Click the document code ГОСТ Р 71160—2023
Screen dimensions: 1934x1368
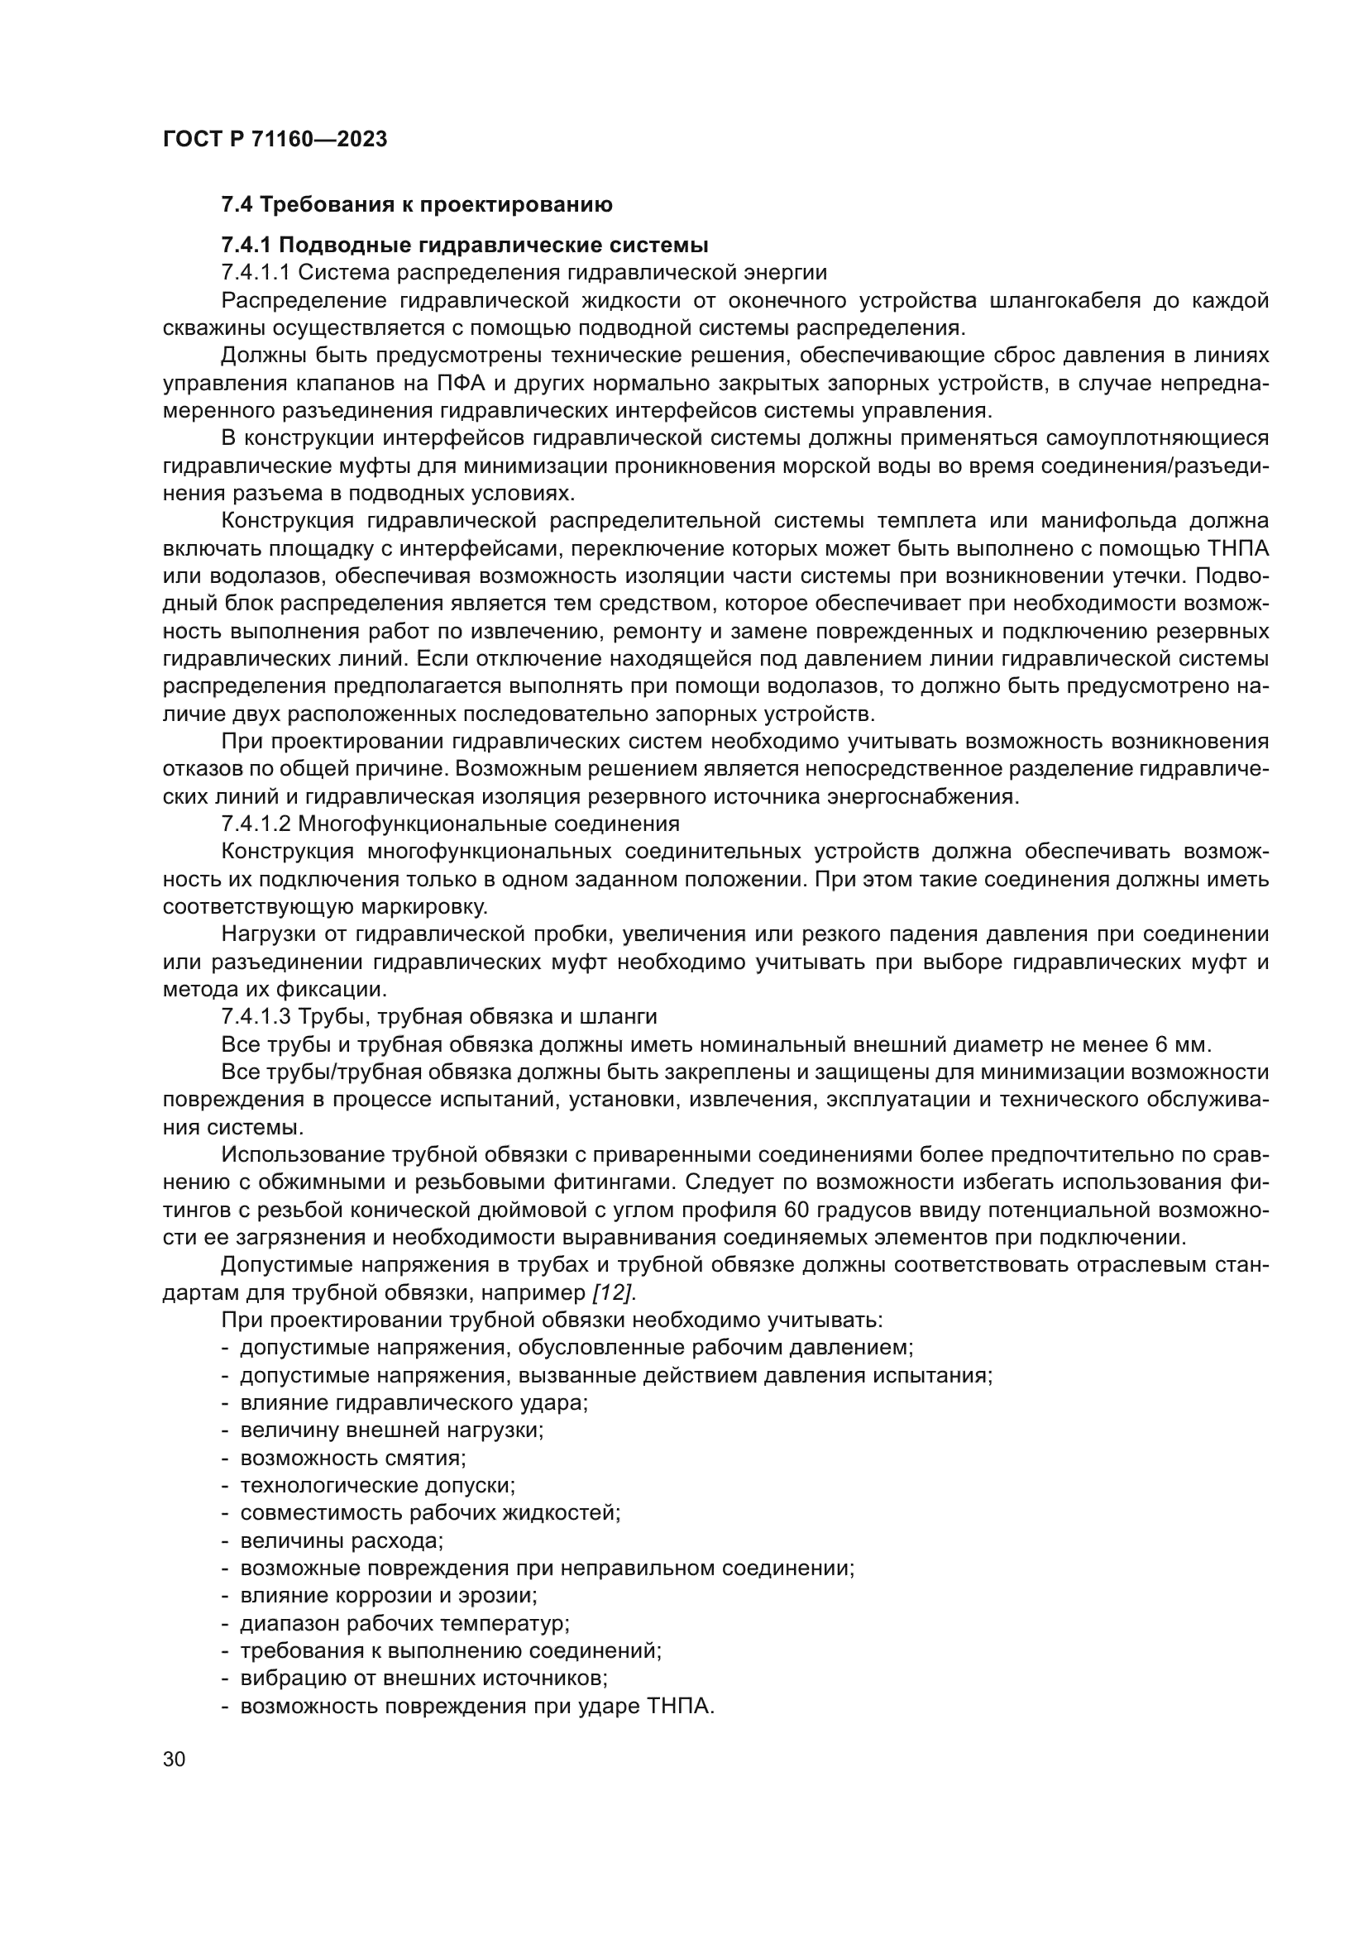click(275, 139)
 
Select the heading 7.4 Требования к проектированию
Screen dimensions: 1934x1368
click(416, 205)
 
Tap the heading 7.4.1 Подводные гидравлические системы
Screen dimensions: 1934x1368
click(464, 245)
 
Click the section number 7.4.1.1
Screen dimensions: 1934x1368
click(256, 273)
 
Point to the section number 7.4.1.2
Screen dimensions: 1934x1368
click(256, 823)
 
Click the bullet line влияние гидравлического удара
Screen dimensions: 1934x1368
click(414, 1402)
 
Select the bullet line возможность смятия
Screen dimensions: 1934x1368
click(353, 1457)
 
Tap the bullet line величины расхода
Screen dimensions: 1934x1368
click(341, 1540)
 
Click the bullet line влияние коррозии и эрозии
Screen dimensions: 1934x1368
click(389, 1595)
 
